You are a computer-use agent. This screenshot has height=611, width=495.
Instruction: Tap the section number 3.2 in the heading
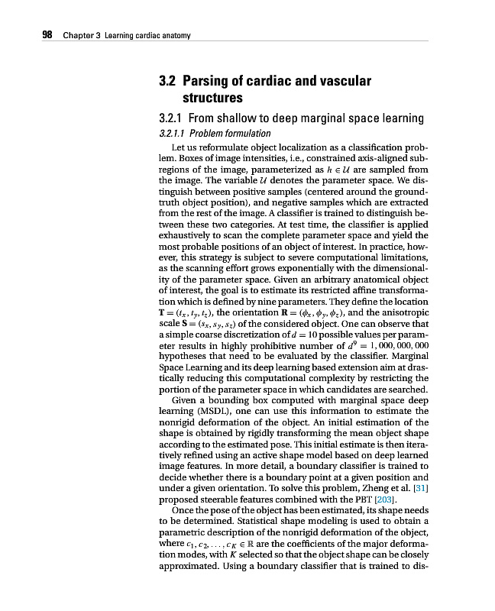coord(167,81)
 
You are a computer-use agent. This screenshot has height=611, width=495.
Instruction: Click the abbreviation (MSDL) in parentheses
coord(208,411)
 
